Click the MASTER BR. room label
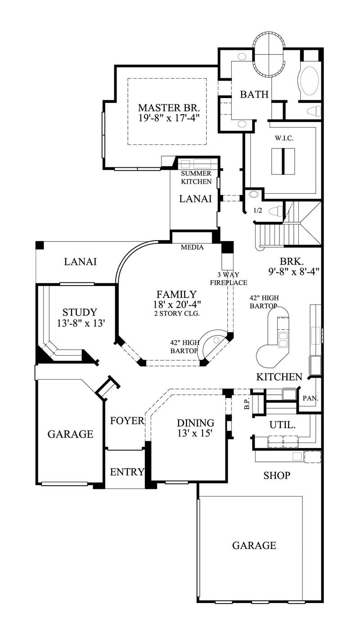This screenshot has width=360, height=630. (169, 108)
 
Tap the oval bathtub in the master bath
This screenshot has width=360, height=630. (309, 81)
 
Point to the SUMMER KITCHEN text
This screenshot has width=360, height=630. (196, 178)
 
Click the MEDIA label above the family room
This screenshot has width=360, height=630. (192, 247)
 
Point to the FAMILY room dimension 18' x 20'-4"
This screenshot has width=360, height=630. (176, 304)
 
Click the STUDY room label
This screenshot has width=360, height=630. (80, 312)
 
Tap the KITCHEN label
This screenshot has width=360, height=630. (279, 377)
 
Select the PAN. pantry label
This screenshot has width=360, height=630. (310, 398)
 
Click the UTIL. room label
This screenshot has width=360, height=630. (282, 424)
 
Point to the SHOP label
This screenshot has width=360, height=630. (277, 475)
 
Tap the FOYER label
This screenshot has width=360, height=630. (127, 421)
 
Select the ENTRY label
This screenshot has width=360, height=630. (127, 472)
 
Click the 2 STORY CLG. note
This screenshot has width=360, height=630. (176, 313)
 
